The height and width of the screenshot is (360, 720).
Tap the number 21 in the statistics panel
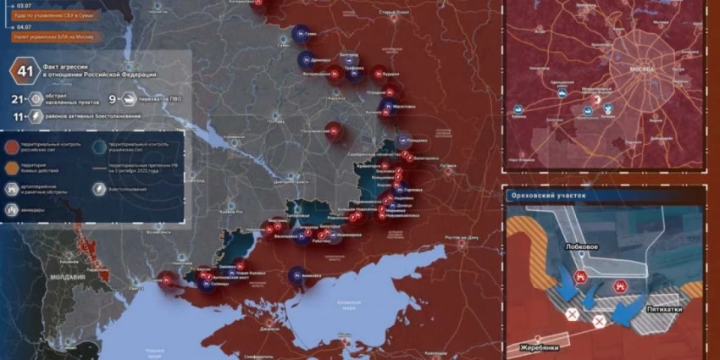(16, 99)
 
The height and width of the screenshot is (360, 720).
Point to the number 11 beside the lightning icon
(16, 116)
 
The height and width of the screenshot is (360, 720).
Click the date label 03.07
(23, 5)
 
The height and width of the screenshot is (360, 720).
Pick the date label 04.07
(23, 27)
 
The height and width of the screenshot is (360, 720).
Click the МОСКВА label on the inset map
(643, 69)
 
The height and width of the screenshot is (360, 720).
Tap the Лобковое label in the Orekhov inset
(584, 246)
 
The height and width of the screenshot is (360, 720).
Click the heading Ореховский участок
(548, 196)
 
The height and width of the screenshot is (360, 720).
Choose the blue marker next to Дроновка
(303, 60)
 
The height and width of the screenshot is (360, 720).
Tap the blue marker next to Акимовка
(296, 274)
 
